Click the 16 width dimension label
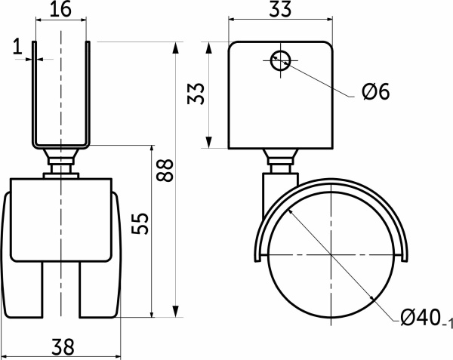coord(60,9)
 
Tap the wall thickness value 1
coord(18,47)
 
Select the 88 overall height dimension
coord(165,170)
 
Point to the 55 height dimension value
coord(140,223)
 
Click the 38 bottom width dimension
coord(63,347)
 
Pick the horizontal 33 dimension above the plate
coord(280,10)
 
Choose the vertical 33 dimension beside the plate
coord(196,94)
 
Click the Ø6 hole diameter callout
coord(375,91)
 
